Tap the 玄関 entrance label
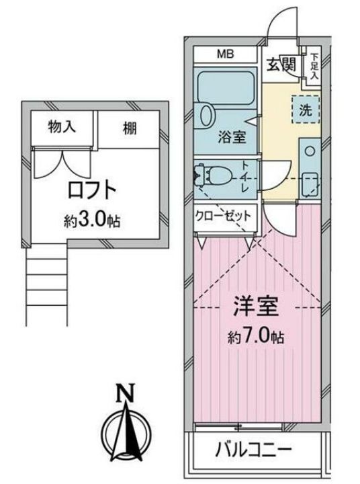click(x=281, y=66)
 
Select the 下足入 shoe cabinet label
click(x=314, y=67)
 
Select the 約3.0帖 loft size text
click(x=92, y=220)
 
